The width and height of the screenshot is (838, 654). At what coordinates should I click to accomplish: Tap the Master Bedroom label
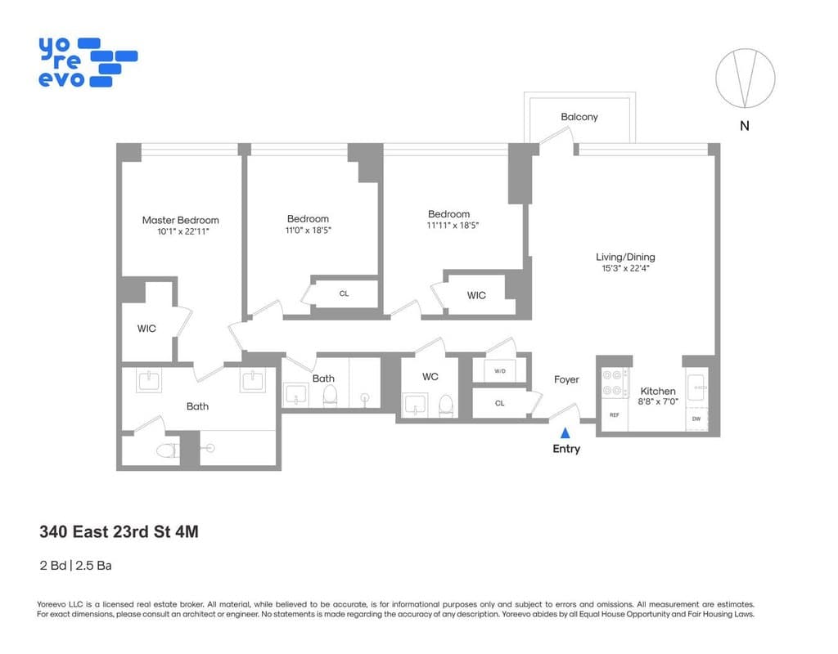click(x=180, y=220)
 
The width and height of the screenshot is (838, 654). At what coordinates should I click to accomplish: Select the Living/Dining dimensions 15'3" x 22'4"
click(x=625, y=268)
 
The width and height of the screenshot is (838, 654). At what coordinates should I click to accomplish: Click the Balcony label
click(x=579, y=117)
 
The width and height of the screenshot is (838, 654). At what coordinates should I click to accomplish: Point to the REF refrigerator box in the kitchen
click(x=614, y=415)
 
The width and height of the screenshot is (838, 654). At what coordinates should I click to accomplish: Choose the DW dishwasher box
click(x=696, y=419)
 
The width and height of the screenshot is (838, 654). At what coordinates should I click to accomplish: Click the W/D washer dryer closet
click(x=499, y=371)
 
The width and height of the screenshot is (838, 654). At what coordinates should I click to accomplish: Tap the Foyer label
click(x=566, y=379)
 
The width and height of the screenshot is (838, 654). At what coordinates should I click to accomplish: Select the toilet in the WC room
click(x=446, y=404)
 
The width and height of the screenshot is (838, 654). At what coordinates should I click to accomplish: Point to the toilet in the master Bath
click(x=167, y=450)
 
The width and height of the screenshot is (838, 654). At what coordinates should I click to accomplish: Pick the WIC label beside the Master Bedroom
click(x=146, y=329)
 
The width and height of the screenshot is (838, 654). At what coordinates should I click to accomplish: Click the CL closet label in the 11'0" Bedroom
click(x=344, y=293)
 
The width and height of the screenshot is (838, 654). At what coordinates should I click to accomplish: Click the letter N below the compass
click(x=744, y=126)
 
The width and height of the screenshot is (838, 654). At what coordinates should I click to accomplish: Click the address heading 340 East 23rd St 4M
click(x=119, y=532)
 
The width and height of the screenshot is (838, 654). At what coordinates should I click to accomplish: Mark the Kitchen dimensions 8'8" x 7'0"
click(x=658, y=402)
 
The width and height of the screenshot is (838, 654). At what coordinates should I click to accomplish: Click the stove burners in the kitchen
click(x=613, y=383)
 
